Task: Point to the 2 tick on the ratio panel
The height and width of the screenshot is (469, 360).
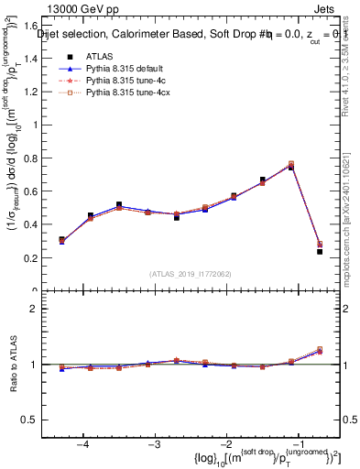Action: tap(43, 309)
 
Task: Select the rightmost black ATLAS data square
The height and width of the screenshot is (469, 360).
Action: tap(320, 251)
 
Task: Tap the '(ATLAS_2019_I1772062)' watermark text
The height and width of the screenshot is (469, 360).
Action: tap(191, 273)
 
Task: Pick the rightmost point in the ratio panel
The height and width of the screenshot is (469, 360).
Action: tap(320, 350)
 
